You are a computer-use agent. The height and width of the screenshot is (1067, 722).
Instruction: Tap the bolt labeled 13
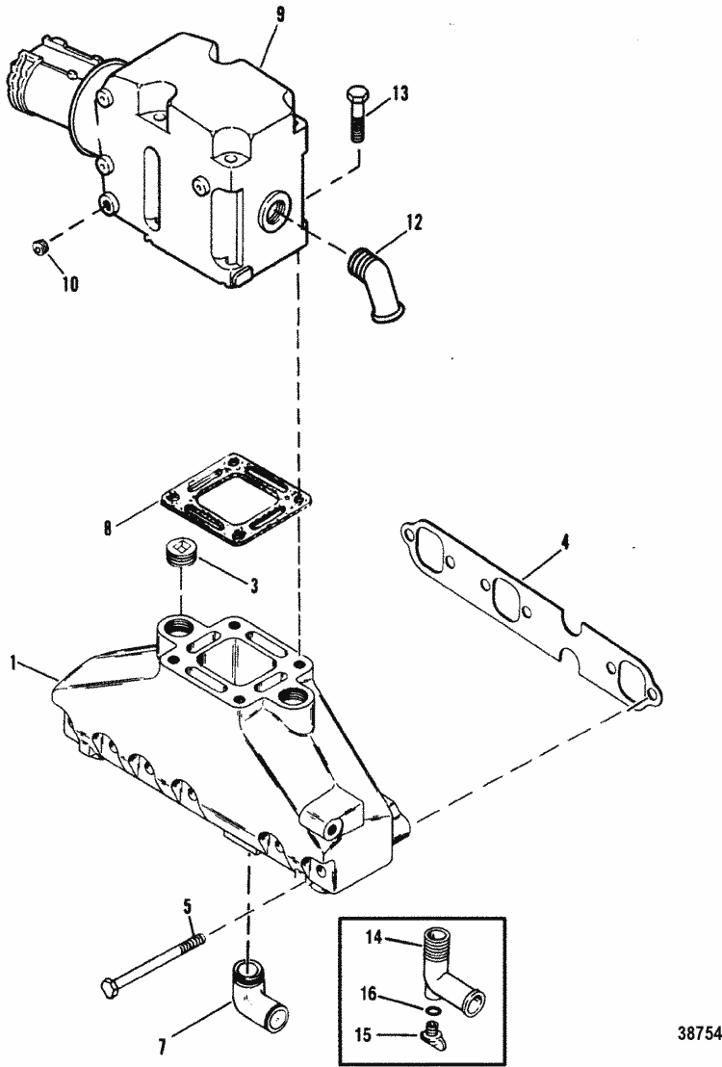pyautogui.click(x=353, y=115)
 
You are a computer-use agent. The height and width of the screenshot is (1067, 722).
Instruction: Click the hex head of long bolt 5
pyautogui.click(x=109, y=986)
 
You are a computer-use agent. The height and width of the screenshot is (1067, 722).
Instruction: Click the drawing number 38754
pyautogui.click(x=698, y=1029)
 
